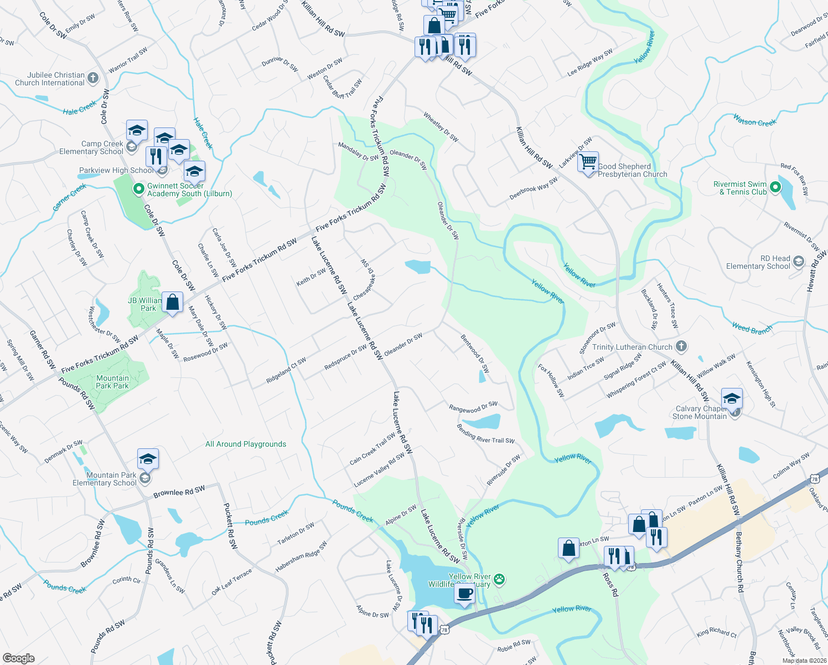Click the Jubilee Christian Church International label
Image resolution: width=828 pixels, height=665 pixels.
(50, 79)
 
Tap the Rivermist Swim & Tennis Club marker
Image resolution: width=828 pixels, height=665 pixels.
(775, 187)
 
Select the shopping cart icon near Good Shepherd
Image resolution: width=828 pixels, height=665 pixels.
(588, 162)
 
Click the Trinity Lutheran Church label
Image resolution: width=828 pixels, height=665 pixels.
(632, 347)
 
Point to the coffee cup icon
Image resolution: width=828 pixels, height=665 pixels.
(465, 594)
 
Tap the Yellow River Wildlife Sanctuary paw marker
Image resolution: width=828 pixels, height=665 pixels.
(499, 580)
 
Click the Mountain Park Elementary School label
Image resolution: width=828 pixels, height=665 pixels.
(105, 479)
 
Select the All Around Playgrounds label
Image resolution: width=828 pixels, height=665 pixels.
(246, 444)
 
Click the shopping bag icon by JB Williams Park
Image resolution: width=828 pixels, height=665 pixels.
(173, 303)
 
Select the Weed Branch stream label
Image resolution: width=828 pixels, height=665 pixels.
(752, 329)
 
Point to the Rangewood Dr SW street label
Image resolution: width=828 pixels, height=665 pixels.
(473, 407)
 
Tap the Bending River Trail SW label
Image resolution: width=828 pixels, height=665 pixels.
(485, 433)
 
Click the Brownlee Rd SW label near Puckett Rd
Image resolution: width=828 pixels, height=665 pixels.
(179, 492)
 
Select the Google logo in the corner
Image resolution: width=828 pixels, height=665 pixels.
(19, 658)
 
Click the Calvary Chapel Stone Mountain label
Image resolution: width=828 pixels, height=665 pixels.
(700, 412)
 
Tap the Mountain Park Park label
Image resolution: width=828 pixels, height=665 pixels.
(112, 382)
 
